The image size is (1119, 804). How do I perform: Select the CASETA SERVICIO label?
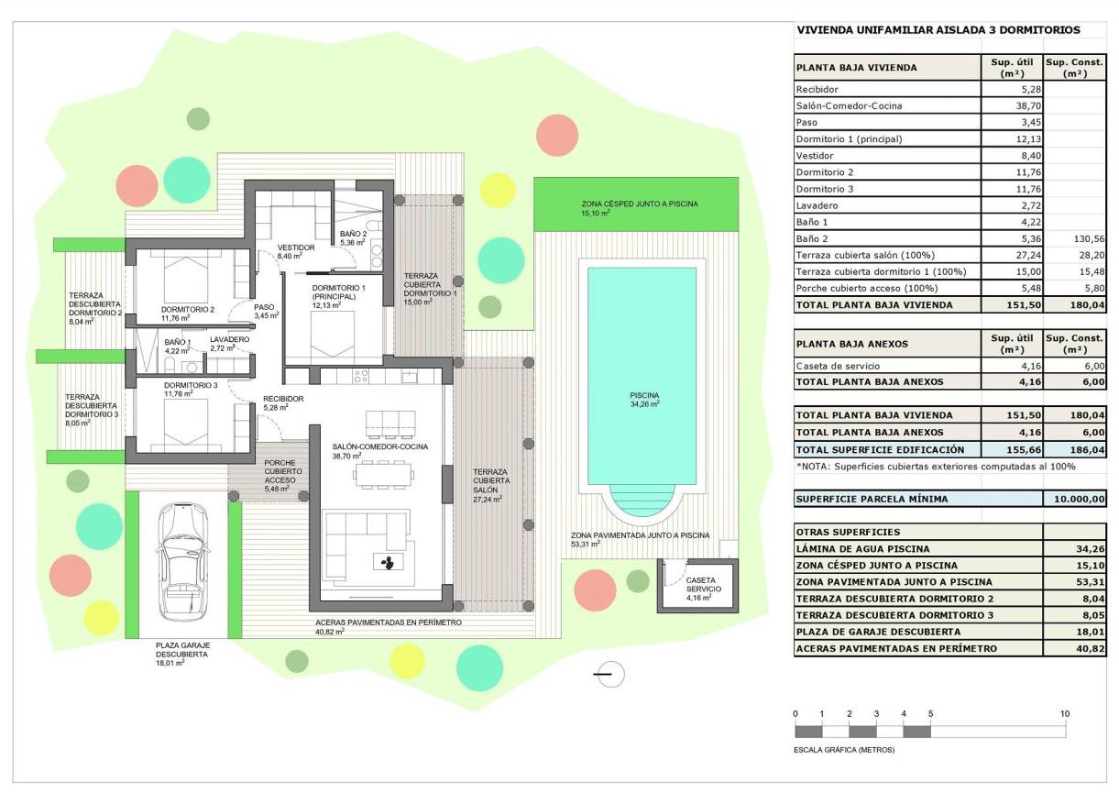pos(701,587)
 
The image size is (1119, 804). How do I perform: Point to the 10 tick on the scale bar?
pos(1065,713)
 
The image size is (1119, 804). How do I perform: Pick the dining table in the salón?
pos(385,473)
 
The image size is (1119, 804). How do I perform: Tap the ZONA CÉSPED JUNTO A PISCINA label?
pos(639,204)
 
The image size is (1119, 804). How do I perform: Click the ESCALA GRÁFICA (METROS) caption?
pos(844,749)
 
